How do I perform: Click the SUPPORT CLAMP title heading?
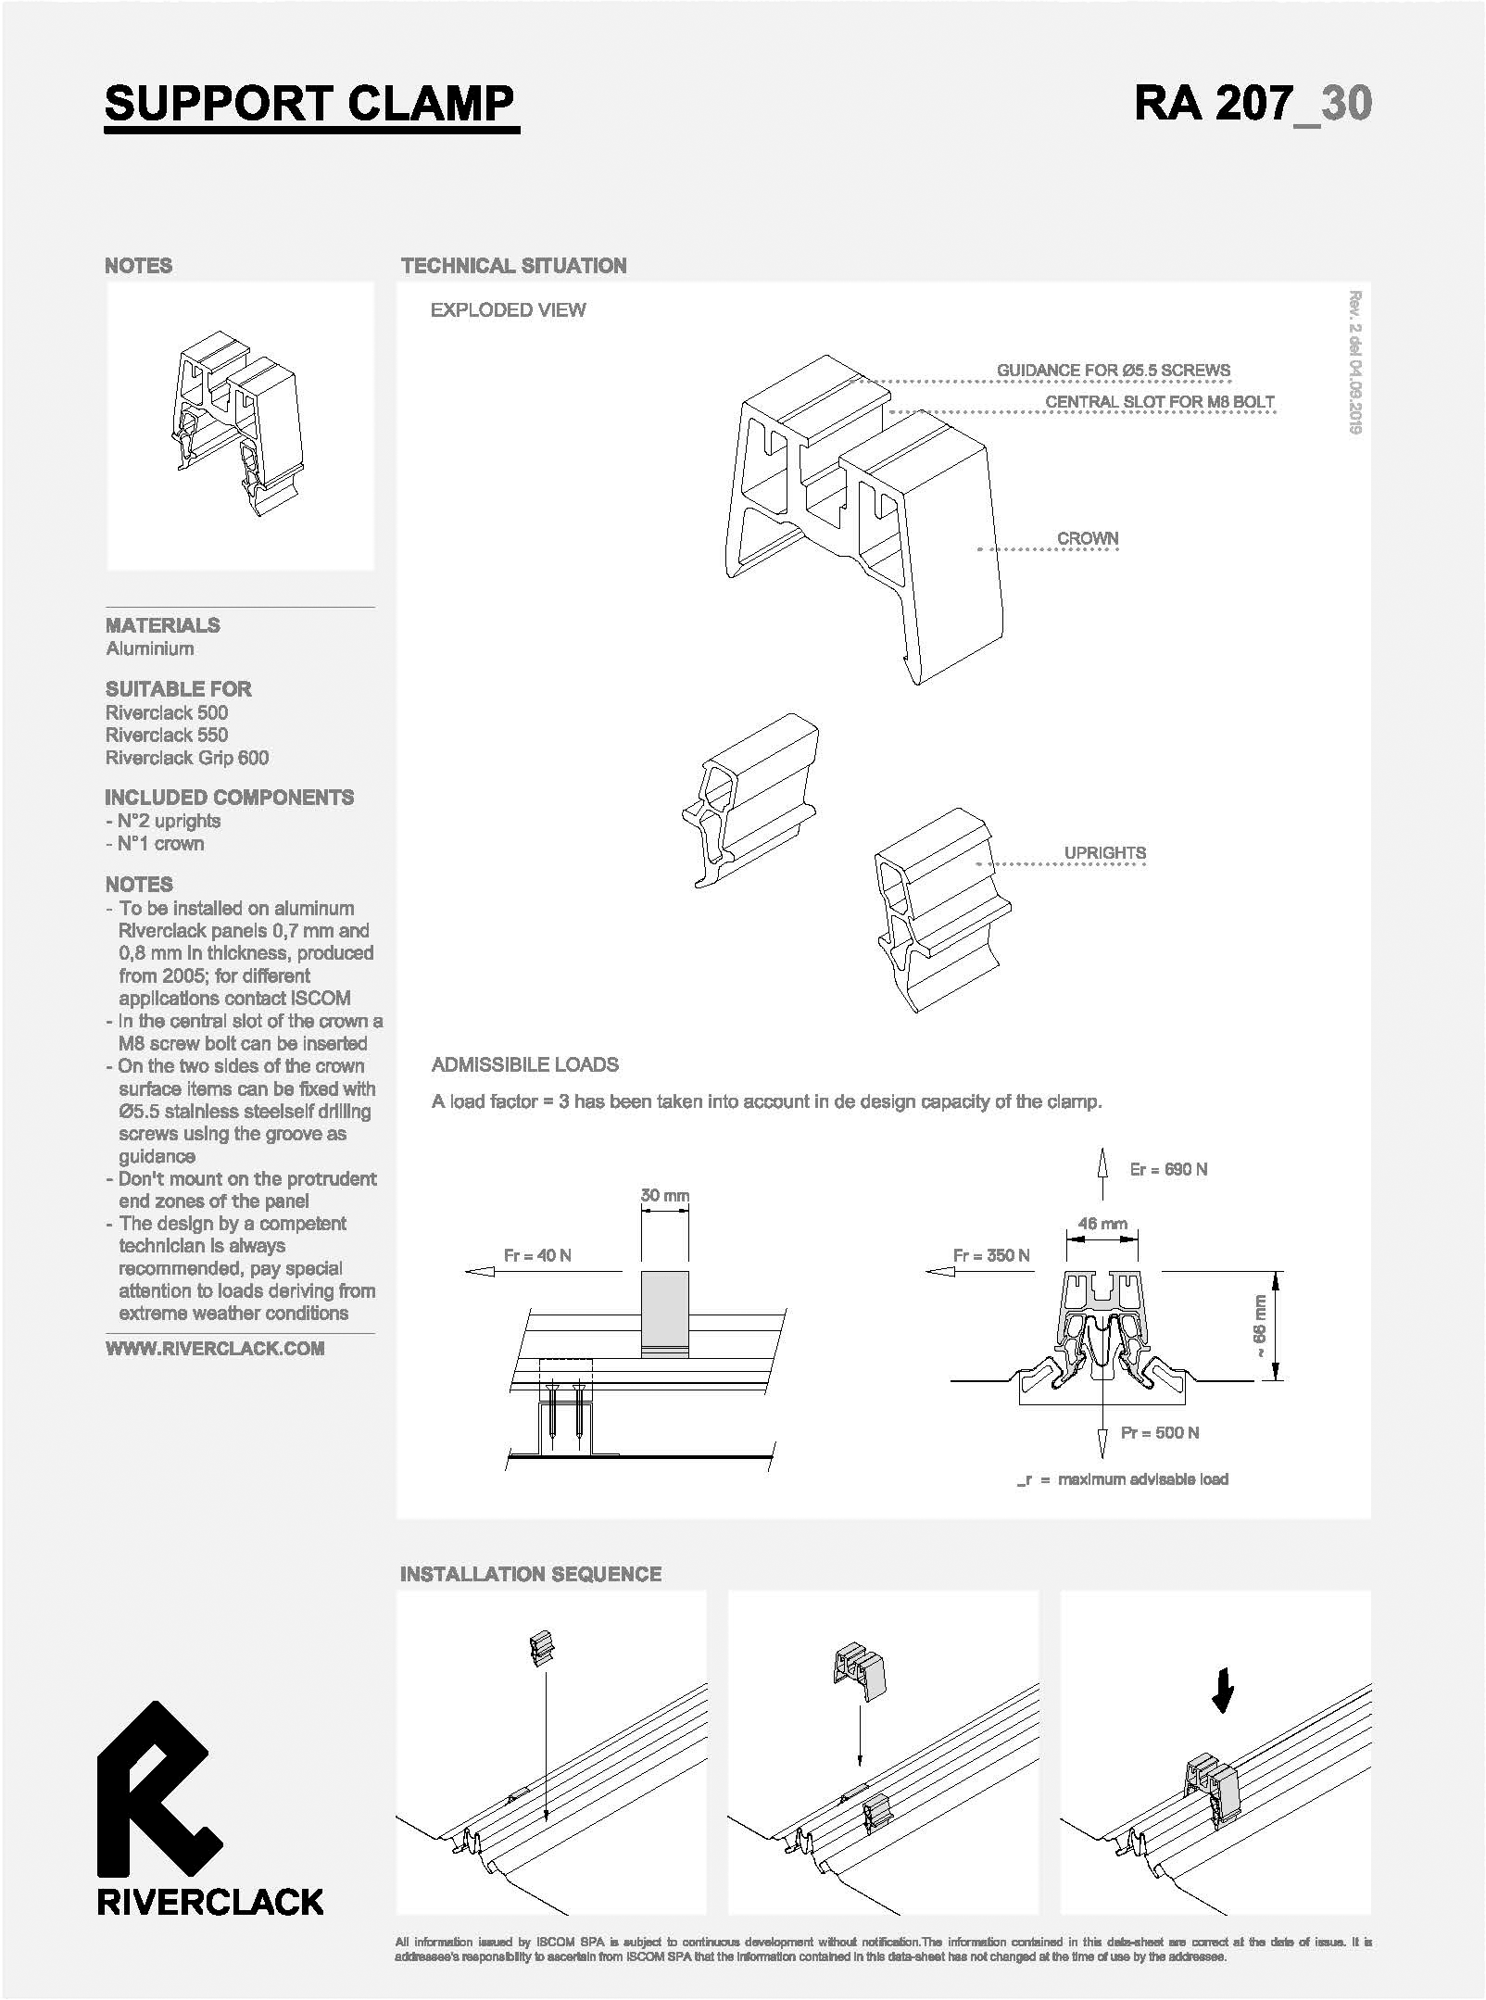pyautogui.click(x=309, y=104)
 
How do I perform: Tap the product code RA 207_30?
pyautogui.click(x=1253, y=104)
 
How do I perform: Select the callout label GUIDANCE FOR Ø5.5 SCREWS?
pyautogui.click(x=1114, y=371)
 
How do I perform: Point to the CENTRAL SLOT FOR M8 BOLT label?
pyautogui.click(x=1160, y=402)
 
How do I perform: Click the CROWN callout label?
pyautogui.click(x=1088, y=538)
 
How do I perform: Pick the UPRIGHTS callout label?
pyautogui.click(x=1105, y=852)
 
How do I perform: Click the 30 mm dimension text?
pyautogui.click(x=665, y=1195)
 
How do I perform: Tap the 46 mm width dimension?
pyautogui.click(x=1102, y=1223)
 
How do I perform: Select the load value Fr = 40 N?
pyautogui.click(x=537, y=1255)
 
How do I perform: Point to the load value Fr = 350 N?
pyautogui.click(x=991, y=1255)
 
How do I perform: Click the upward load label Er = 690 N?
pyautogui.click(x=1168, y=1169)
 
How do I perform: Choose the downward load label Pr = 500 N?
pyautogui.click(x=1160, y=1433)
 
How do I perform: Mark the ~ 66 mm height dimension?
pyautogui.click(x=1259, y=1327)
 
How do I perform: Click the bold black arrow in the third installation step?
pyautogui.click(x=1223, y=1691)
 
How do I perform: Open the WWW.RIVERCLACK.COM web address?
pyautogui.click(x=215, y=1349)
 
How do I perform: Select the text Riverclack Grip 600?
pyautogui.click(x=187, y=758)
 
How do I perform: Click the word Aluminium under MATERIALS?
pyautogui.click(x=150, y=648)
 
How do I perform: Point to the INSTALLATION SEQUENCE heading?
pyautogui.click(x=531, y=1574)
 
